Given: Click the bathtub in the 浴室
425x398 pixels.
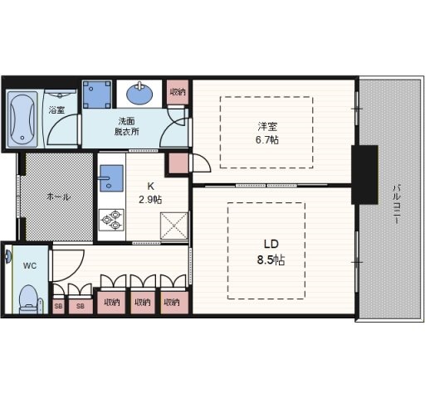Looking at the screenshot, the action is click(x=22, y=119).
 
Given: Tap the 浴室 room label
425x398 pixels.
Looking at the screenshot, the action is click(x=56, y=110).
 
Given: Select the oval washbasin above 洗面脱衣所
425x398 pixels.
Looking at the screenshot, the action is click(x=139, y=94).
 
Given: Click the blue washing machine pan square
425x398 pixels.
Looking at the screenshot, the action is click(x=97, y=95).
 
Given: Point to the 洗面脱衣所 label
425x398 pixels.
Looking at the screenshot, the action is click(x=126, y=126).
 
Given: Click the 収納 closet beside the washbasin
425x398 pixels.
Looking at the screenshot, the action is click(x=178, y=92).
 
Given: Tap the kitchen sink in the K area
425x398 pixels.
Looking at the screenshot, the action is click(x=111, y=178).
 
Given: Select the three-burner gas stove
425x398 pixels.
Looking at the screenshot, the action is click(x=111, y=220).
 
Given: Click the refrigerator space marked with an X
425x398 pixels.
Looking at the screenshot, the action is click(x=174, y=226).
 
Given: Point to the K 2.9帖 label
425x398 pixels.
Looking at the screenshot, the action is click(x=150, y=193).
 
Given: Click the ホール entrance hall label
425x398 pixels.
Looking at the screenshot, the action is click(x=59, y=197).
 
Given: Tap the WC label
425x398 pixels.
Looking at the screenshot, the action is click(x=30, y=266).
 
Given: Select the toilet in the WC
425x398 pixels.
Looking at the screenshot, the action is click(x=29, y=299).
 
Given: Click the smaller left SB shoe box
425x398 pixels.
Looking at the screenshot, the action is click(x=58, y=306).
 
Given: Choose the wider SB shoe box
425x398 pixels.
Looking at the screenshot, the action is click(x=81, y=306).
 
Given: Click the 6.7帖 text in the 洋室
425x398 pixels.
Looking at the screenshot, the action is click(x=267, y=140).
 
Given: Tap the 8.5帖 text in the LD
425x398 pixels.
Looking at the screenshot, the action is click(x=271, y=260).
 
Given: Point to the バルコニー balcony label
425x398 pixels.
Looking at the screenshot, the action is click(x=397, y=204).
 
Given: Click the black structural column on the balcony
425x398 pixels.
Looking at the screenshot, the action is click(x=364, y=175).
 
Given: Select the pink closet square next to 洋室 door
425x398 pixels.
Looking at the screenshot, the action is click(x=178, y=163).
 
